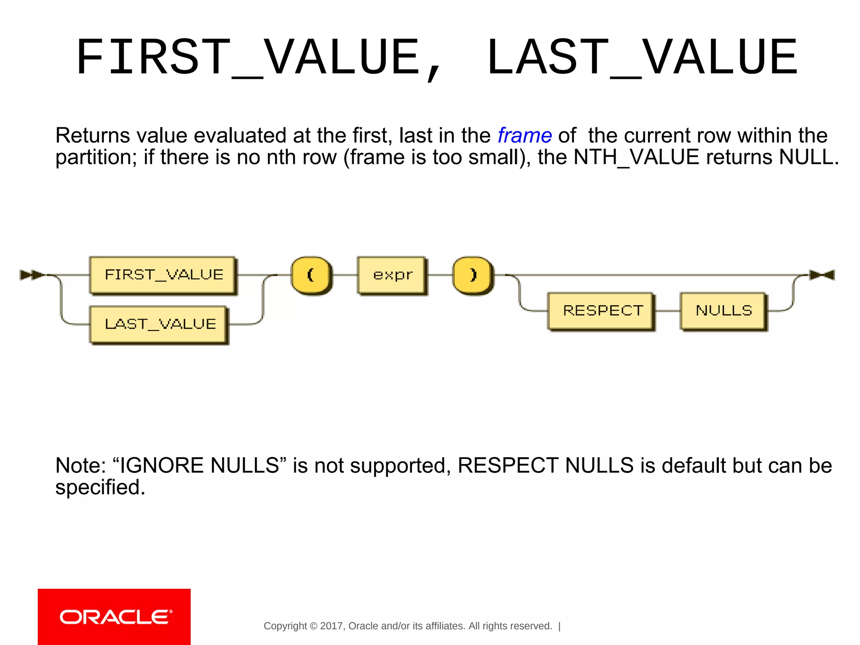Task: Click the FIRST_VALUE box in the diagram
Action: pyautogui.click(x=163, y=275)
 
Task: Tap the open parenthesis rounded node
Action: pyautogui.click(x=311, y=275)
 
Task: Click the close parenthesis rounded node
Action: pyautogui.click(x=473, y=275)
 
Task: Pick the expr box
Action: pyautogui.click(x=392, y=275)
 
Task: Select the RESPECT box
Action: pyautogui.click(x=601, y=311)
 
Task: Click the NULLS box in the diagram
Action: pyautogui.click(x=723, y=311)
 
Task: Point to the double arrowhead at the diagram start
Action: pyautogui.click(x=32, y=275)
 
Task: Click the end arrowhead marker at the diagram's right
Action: pyautogui.click(x=822, y=275)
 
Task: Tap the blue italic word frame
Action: pyautogui.click(x=524, y=136)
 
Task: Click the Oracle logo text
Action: pyautogui.click(x=115, y=617)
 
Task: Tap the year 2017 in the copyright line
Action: pyautogui.click(x=331, y=626)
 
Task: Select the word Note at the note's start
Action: pyautogui.click(x=80, y=466)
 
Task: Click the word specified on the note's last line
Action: pyautogui.click(x=100, y=488)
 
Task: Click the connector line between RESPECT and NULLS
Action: pyautogui.click(x=667, y=311)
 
